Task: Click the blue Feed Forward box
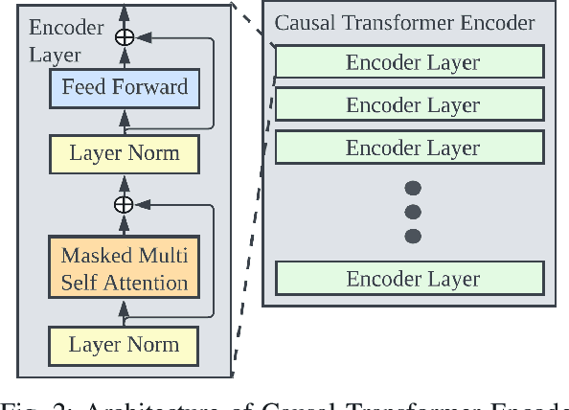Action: (124, 88)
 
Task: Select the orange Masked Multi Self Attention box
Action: (124, 269)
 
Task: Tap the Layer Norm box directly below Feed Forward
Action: (124, 152)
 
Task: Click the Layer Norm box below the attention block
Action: (124, 344)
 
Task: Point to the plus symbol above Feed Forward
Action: (124, 36)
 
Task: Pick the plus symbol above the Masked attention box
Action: (124, 204)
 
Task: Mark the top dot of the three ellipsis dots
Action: (413, 189)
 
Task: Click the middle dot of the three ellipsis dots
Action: (413, 212)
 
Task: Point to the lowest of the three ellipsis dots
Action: (413, 235)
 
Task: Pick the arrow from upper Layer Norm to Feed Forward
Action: (124, 121)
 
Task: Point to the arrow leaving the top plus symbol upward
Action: (124, 13)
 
